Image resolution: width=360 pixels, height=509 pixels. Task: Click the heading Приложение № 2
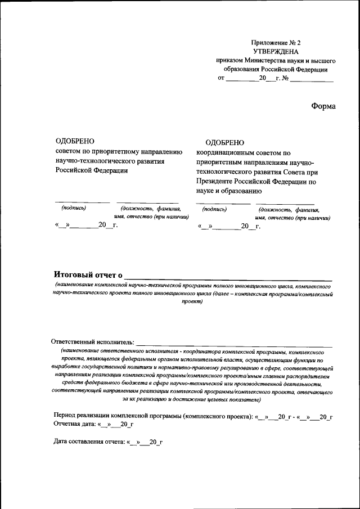(276, 43)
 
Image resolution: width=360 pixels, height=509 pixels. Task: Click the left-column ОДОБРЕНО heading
(75, 142)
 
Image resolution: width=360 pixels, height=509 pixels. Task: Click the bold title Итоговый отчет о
(88, 274)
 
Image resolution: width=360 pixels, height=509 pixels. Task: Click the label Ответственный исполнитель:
(93, 341)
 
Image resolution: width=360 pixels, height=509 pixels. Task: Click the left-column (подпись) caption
(74, 208)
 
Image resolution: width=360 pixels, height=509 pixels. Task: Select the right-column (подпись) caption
(214, 209)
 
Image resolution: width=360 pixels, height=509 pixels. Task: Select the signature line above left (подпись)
(82, 202)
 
